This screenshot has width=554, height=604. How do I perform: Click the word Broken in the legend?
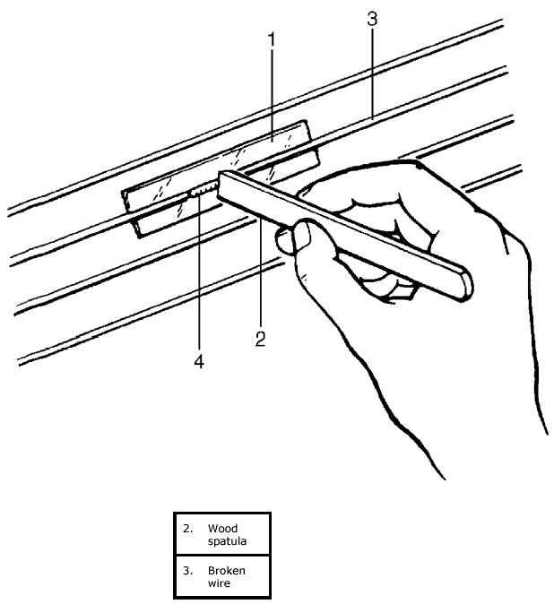[x=226, y=570]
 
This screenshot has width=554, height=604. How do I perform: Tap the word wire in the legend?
[x=218, y=583]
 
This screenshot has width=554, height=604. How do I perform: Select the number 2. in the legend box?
[x=188, y=529]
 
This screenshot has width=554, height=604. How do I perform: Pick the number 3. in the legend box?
[x=188, y=570]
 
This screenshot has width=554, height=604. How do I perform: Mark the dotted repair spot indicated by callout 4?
[x=203, y=189]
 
